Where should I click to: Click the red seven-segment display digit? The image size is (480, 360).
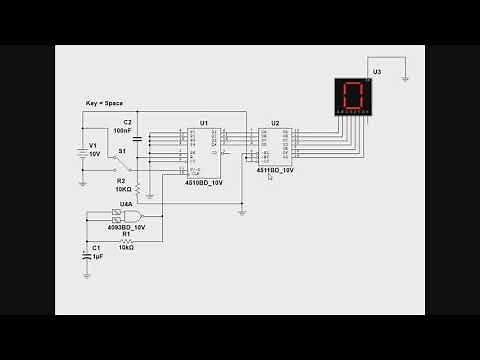[352, 96]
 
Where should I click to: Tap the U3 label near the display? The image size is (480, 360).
[376, 72]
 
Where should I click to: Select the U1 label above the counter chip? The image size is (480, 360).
[203, 123]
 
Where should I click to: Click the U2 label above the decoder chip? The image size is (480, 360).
[275, 123]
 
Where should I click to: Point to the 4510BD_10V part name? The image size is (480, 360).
[203, 183]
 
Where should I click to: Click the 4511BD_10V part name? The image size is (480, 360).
[275, 171]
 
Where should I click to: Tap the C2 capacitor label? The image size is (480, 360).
[127, 121]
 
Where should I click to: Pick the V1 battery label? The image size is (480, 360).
[93, 145]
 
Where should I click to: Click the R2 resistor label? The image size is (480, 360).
[122, 180]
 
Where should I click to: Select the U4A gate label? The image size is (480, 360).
[126, 204]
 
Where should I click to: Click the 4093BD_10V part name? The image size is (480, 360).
[126, 228]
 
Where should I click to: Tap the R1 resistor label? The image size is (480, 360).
[126, 234]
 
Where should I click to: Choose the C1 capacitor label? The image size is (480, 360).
[96, 247]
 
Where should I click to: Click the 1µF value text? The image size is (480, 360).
[98, 257]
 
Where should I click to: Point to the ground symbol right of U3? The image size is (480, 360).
[402, 78]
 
